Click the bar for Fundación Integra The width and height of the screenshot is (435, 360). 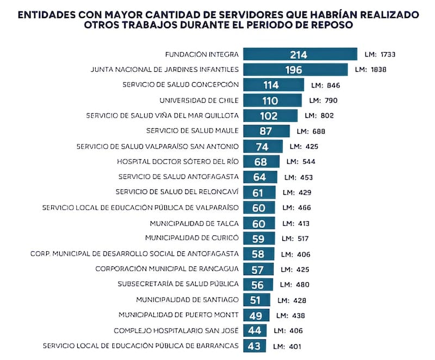pos(300,54)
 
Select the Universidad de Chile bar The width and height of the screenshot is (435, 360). pos(272,101)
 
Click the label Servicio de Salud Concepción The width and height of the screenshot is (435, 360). pos(181,85)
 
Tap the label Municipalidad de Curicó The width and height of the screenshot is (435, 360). pos(191,238)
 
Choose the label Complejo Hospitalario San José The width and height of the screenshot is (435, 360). pos(176,331)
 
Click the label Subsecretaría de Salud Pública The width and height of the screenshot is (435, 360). pos(178,284)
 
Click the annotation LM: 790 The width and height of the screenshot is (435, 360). pos(323,101)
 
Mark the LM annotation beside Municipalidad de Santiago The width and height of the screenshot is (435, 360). pos(292,300)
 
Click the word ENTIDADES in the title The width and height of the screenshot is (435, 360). pos(48,15)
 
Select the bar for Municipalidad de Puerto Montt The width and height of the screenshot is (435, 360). pos(256,315)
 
